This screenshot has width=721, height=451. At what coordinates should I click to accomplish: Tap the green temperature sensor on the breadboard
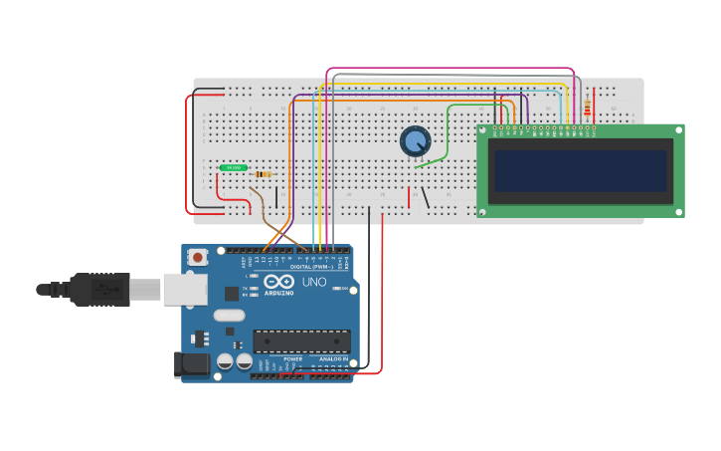(x=234, y=168)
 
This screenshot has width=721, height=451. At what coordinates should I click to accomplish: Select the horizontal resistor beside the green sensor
(x=263, y=174)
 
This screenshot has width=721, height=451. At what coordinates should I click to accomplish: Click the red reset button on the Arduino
(x=198, y=257)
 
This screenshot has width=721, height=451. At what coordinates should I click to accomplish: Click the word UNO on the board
(x=314, y=282)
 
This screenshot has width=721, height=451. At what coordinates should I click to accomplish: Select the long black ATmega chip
(x=301, y=341)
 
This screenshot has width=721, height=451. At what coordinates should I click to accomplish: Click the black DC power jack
(x=192, y=365)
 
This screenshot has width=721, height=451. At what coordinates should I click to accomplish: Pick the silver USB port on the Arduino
(x=185, y=289)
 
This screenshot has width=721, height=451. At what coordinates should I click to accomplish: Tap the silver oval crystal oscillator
(x=228, y=316)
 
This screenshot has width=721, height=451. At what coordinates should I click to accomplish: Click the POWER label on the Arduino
(x=292, y=358)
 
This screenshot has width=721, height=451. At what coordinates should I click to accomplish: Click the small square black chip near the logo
(x=232, y=293)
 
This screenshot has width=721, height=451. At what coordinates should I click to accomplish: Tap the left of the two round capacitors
(x=225, y=361)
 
